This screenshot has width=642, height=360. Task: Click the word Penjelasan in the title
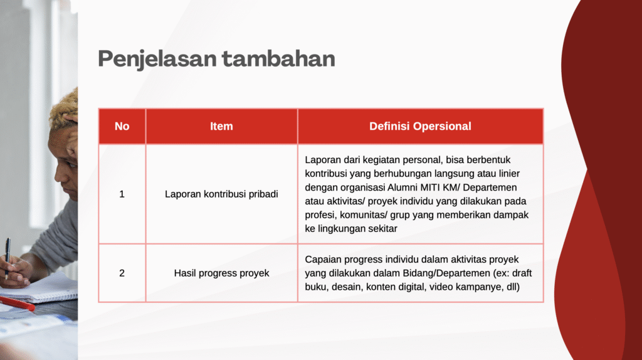click(157, 59)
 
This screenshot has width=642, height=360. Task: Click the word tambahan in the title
click(278, 58)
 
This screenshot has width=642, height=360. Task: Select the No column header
click(122, 126)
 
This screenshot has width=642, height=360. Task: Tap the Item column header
click(221, 126)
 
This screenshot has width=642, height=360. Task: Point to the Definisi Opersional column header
click(421, 126)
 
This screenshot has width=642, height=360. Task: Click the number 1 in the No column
click(122, 194)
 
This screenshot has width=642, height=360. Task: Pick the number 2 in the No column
click(122, 273)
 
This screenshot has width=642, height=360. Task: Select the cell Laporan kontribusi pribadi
click(221, 194)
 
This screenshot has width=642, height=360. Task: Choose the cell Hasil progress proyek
click(221, 273)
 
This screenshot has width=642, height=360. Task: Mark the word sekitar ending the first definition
click(382, 229)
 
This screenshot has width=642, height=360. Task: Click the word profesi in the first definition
click(321, 215)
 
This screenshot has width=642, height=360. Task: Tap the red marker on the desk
click(17, 304)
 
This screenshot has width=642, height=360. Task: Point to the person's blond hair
click(65, 107)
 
